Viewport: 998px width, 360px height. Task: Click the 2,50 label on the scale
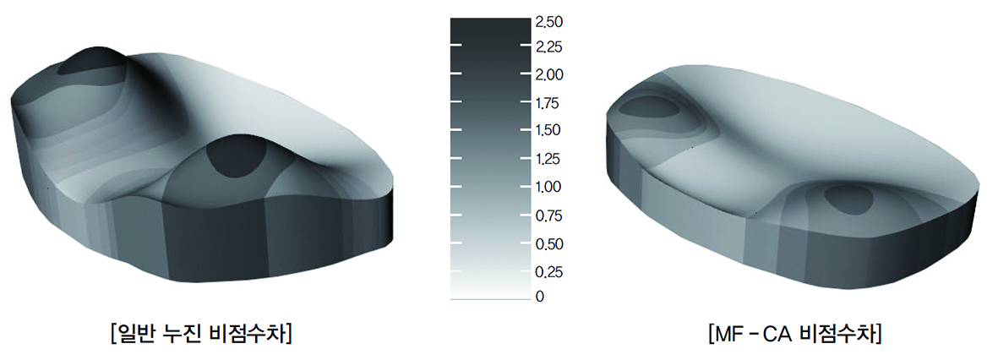coord(549,23)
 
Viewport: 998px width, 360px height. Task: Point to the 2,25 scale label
coord(549,47)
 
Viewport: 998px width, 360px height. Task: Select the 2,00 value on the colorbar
coord(549,75)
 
